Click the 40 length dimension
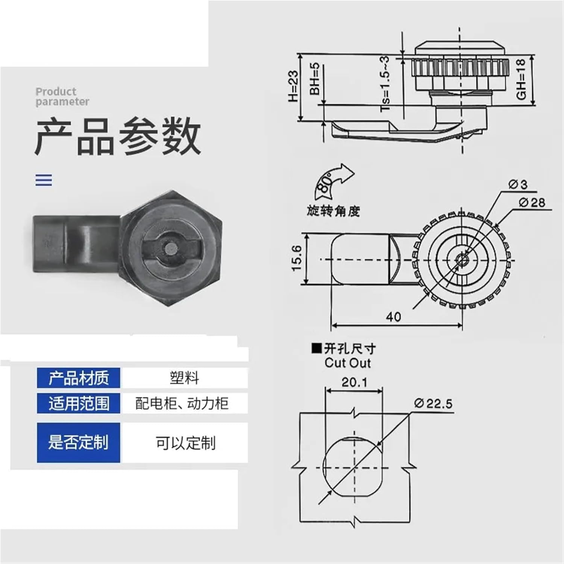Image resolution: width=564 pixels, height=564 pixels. (x=393, y=317)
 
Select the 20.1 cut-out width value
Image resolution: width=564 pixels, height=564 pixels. (x=354, y=382)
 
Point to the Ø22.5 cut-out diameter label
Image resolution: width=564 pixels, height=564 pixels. (x=433, y=403)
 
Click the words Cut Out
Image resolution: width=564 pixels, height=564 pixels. (x=347, y=363)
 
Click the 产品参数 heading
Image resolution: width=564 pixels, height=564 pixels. (x=118, y=136)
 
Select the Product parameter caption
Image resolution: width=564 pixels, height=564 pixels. (x=62, y=97)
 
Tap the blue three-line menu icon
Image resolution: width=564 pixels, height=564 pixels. (x=44, y=180)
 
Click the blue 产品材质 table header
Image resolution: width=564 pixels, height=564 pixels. (x=79, y=378)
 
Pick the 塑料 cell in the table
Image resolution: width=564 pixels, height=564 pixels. (x=184, y=378)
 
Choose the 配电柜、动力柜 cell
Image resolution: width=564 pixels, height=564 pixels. (x=182, y=403)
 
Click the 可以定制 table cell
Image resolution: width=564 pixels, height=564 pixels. (x=185, y=443)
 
